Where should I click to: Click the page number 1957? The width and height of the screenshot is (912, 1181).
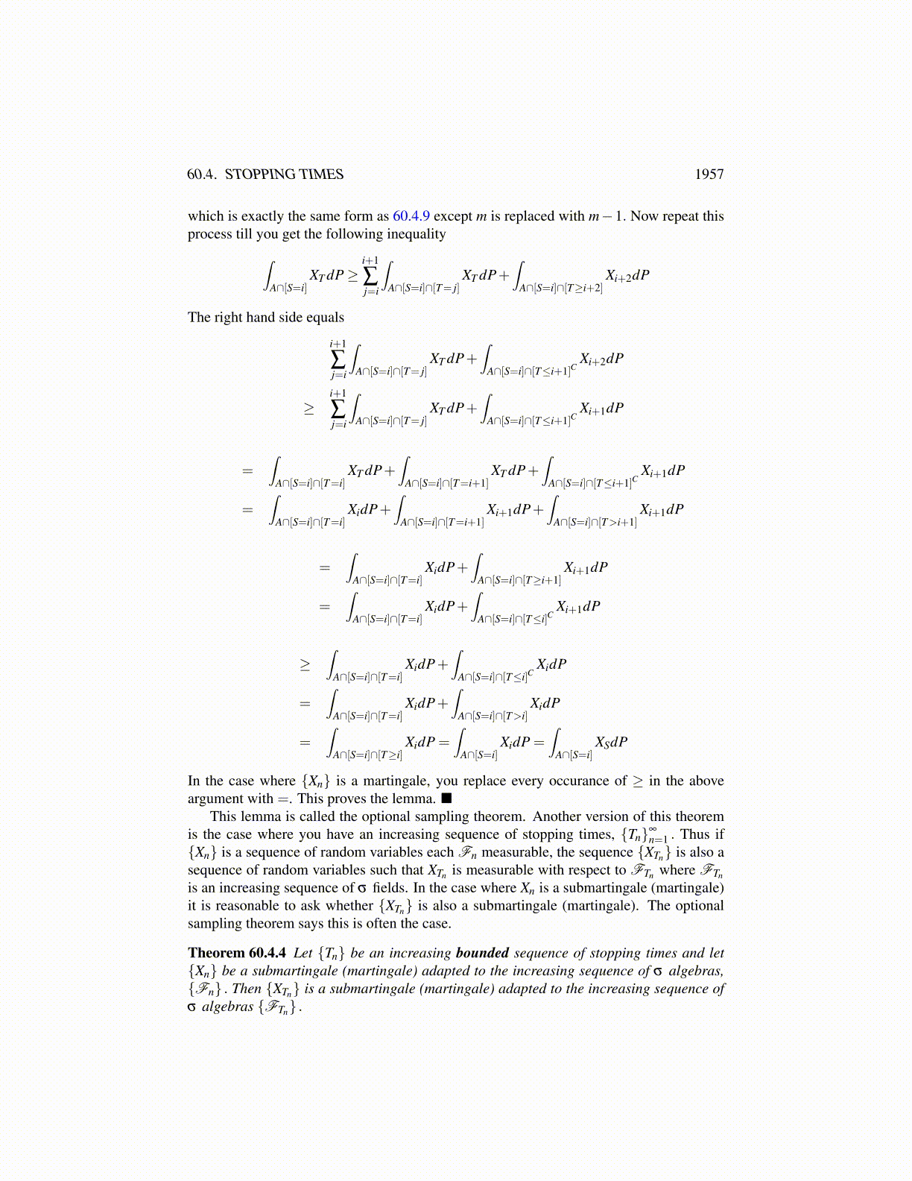click(x=709, y=174)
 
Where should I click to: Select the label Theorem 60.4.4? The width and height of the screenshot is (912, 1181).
click(x=237, y=953)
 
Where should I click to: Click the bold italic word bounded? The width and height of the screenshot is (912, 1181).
click(x=482, y=953)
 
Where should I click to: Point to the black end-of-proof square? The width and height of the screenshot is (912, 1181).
click(x=447, y=799)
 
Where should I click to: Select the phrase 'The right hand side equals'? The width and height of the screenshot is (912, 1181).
click(x=266, y=318)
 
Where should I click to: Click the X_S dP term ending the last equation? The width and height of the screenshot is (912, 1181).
click(x=611, y=742)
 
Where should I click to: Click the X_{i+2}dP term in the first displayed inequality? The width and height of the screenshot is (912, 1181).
click(x=627, y=275)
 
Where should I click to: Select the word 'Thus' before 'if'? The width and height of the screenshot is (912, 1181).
click(x=694, y=834)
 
